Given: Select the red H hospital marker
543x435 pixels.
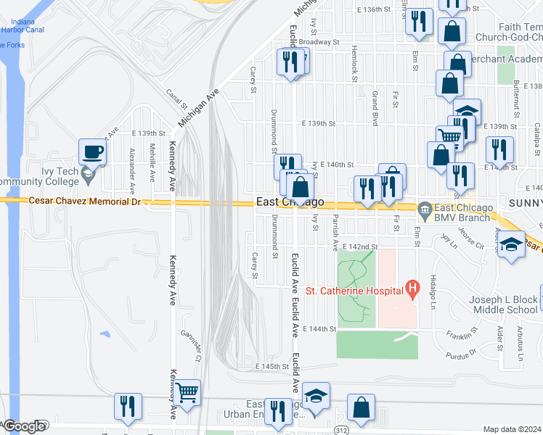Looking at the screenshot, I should point(412,291).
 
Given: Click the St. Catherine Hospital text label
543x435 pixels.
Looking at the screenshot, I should point(354,291).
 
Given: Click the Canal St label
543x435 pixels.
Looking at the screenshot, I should point(173,96).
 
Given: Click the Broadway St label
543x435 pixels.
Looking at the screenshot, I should point(319,42).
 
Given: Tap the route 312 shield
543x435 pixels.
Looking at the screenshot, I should point(341,429).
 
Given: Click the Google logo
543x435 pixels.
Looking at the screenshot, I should point(25,426).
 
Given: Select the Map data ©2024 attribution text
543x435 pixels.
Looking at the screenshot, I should point(512,429).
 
